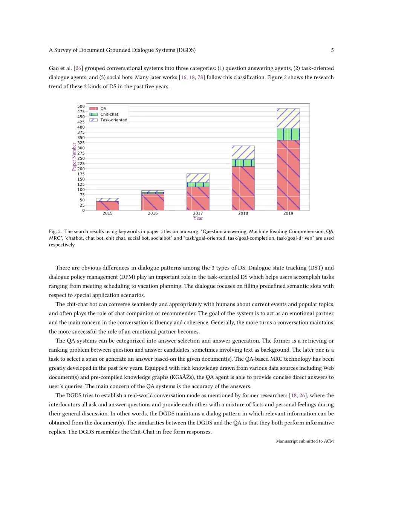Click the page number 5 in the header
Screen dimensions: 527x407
(332, 50)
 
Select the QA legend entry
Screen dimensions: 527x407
(103, 109)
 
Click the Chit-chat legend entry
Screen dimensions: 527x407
(109, 114)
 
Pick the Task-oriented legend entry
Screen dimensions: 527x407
(113, 120)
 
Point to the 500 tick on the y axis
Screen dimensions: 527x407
(81, 106)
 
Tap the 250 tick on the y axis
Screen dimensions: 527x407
(81, 158)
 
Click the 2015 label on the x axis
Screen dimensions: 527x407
(107, 213)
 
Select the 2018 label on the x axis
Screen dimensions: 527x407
(243, 213)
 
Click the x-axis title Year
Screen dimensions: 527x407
(198, 218)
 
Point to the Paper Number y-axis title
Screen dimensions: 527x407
(74, 156)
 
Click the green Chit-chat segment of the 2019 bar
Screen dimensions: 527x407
(288, 134)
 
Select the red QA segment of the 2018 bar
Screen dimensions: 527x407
(243, 188)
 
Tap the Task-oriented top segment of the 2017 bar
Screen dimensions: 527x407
(198, 178)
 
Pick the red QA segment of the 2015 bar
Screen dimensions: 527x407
(107, 206)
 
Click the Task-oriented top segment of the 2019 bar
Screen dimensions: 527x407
(288, 118)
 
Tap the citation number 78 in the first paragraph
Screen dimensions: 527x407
(200, 77)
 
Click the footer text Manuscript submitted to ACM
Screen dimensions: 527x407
(304, 441)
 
